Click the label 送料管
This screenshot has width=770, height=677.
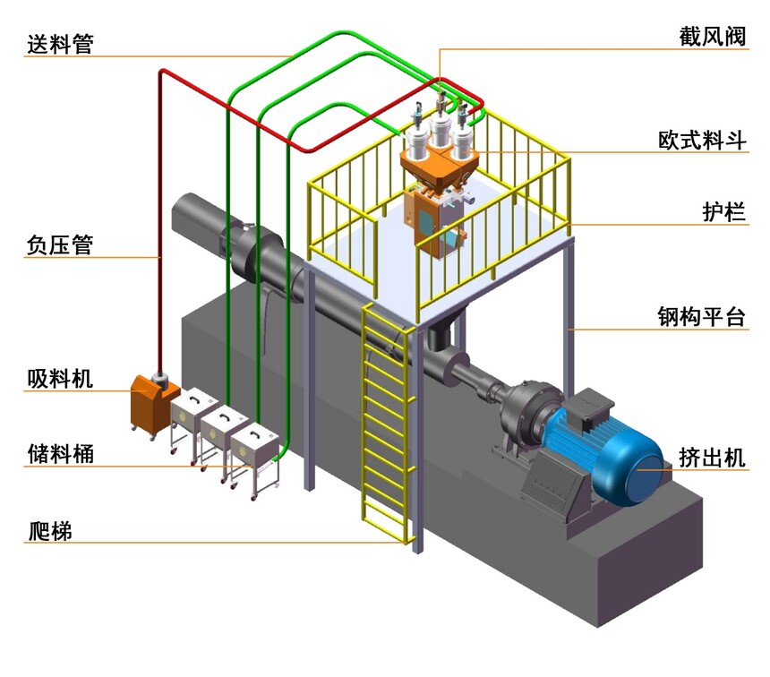[x=60, y=42]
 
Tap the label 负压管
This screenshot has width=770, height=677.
[x=60, y=244]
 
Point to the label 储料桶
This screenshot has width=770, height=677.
[x=60, y=453]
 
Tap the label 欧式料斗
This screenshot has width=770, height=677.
[x=700, y=141]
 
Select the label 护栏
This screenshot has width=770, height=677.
[x=723, y=212]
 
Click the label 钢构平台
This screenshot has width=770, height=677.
[x=700, y=317]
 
